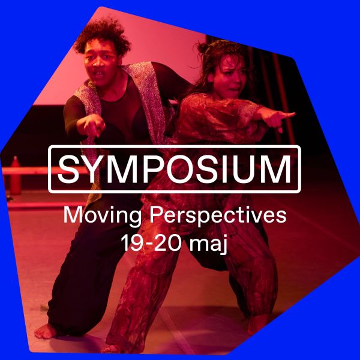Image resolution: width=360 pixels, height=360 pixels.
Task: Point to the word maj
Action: pos(209,245)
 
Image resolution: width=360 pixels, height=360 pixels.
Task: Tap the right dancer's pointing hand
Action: pos(282,118)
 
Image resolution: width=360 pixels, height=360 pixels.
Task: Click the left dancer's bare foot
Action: pos(47,330)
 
